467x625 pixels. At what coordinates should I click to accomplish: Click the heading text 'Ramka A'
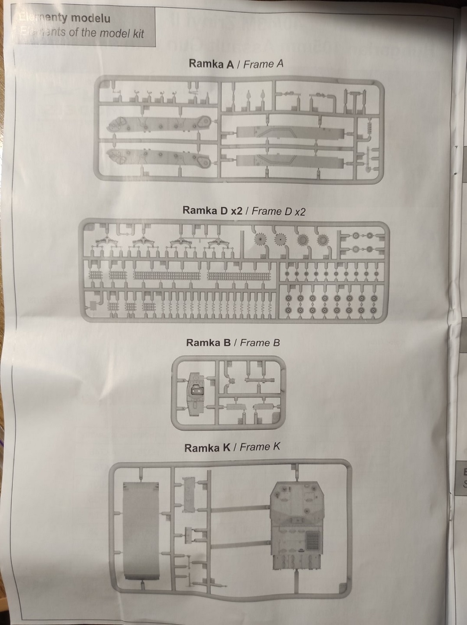[211, 64]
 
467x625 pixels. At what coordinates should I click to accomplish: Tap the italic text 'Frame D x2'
[278, 211]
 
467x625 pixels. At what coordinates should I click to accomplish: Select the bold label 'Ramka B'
[208, 343]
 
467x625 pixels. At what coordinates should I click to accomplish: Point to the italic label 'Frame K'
[260, 447]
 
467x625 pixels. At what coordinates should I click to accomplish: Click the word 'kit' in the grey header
[138, 33]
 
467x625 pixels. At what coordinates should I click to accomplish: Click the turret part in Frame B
[196, 391]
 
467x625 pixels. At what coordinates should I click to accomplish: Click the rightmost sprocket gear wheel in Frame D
[322, 240]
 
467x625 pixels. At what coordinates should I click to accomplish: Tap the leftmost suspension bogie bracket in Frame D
[106, 243]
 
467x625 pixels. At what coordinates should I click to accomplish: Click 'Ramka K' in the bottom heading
[207, 448]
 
